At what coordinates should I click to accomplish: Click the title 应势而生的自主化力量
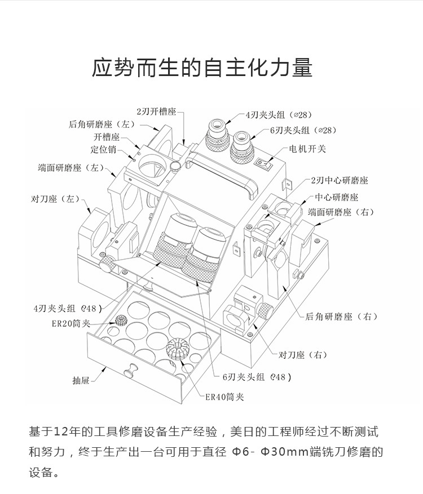[x=202, y=67]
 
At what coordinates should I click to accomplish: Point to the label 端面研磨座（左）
[x=71, y=168]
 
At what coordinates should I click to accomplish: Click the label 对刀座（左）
[x=55, y=199]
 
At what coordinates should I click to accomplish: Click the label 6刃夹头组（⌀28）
[x=302, y=130]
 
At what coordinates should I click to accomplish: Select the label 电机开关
[x=307, y=149]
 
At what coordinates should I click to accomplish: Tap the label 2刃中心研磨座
[x=339, y=180]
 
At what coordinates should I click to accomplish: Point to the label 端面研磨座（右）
[x=341, y=212]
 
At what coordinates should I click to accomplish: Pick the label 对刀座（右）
[x=303, y=355]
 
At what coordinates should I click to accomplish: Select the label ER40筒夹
[x=224, y=397]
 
